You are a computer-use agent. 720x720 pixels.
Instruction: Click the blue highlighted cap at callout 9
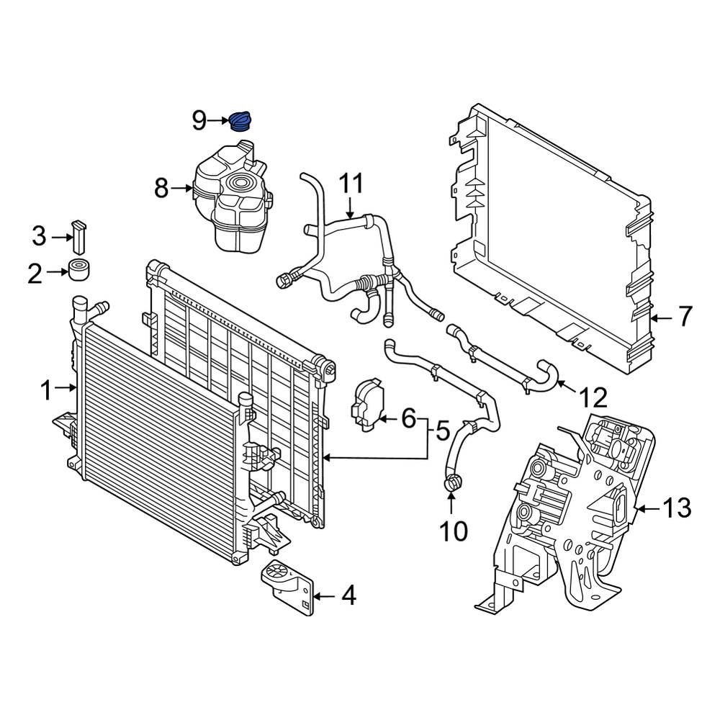point(242,121)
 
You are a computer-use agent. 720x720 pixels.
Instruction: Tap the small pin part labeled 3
point(80,233)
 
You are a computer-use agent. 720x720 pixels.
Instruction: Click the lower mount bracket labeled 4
point(288,585)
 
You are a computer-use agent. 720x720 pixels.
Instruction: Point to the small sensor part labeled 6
point(368,408)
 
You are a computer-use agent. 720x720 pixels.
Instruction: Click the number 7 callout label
point(683,316)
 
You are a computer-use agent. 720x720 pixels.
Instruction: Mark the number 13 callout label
point(676,508)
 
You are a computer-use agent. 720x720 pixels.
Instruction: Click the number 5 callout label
point(441,431)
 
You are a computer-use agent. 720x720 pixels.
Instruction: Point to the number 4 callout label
point(348,595)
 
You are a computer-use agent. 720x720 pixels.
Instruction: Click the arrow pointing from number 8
point(183,189)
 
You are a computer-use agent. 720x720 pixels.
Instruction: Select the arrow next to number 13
point(649,508)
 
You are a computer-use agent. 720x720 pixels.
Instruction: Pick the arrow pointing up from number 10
point(454,504)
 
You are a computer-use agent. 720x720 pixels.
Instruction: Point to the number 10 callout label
point(454,531)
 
